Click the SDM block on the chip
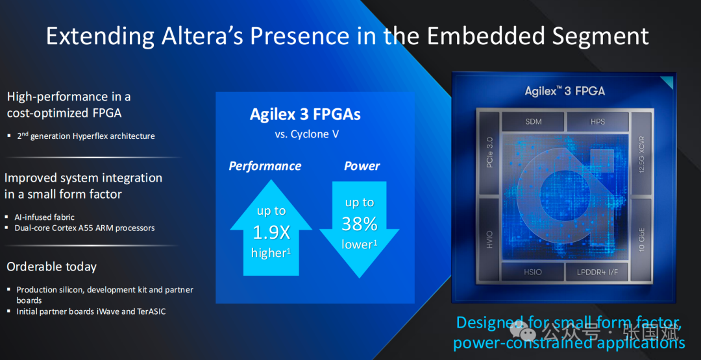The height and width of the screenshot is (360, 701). [533, 121]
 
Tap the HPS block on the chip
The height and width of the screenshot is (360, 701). [598, 121]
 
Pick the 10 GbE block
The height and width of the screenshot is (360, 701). [642, 240]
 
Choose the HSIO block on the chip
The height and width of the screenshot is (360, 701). [533, 272]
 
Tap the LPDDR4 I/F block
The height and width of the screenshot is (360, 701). [598, 272]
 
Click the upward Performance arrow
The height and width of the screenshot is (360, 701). [271, 227]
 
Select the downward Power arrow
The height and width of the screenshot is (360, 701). [360, 230]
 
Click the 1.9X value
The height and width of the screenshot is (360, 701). [271, 232]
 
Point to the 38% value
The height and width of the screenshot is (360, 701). [360, 224]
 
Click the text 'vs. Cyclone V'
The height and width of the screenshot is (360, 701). [306, 134]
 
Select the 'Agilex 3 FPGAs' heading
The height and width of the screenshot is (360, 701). [305, 114]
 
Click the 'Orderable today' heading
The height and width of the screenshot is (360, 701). [51, 267]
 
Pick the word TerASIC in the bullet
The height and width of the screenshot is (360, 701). [147, 311]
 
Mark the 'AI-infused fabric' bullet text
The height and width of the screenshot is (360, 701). [45, 217]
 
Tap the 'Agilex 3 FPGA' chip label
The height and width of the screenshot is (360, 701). [565, 91]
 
